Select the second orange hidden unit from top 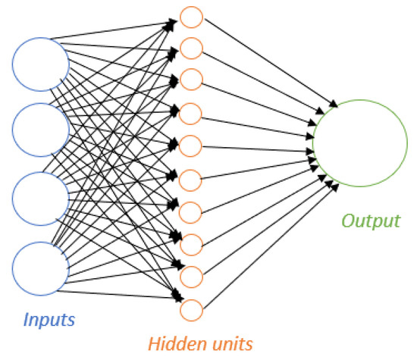click(192, 49)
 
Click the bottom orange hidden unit click(192, 309)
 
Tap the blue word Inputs click(49, 319)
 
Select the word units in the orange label click(227, 343)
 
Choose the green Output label click(370, 221)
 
